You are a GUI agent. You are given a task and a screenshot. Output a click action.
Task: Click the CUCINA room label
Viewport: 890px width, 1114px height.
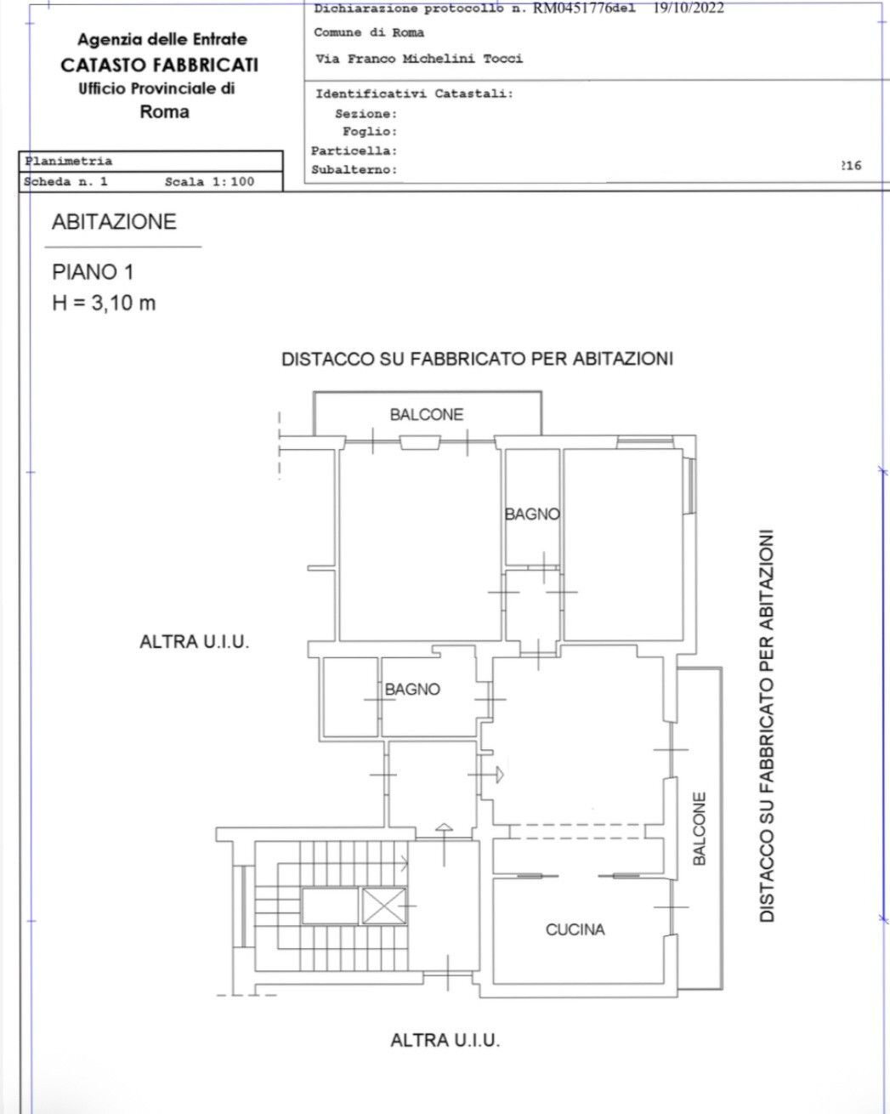(575, 929)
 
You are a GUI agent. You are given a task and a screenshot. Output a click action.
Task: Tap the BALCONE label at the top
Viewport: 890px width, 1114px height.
(427, 415)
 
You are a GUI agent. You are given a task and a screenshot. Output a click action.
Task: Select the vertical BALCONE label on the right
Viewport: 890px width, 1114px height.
(699, 829)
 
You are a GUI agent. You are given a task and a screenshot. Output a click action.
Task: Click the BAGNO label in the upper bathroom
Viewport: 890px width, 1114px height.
(532, 514)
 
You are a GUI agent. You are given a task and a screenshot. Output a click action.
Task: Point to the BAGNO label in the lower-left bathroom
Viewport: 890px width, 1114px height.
(413, 690)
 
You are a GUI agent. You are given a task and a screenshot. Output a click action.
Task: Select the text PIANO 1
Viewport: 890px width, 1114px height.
(94, 272)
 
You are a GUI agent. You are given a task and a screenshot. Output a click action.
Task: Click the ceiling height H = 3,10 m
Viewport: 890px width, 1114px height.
(105, 302)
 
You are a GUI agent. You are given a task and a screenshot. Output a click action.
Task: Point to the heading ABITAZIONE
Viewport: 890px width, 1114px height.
(114, 222)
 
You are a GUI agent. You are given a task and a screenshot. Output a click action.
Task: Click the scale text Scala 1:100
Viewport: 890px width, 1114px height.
(209, 181)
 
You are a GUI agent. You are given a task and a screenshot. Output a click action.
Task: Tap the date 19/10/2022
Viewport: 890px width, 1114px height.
(689, 9)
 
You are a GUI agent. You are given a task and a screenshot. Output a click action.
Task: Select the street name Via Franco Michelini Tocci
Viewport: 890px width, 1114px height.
(418, 59)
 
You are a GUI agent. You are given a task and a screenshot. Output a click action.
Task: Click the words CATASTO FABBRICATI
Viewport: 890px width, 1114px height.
(159, 65)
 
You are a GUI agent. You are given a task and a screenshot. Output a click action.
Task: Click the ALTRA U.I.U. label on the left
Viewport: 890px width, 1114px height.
(194, 642)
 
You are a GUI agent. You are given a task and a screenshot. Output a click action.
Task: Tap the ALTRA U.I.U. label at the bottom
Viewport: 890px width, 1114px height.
(445, 1039)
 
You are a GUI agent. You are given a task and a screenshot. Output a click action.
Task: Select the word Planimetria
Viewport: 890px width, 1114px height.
(69, 161)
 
